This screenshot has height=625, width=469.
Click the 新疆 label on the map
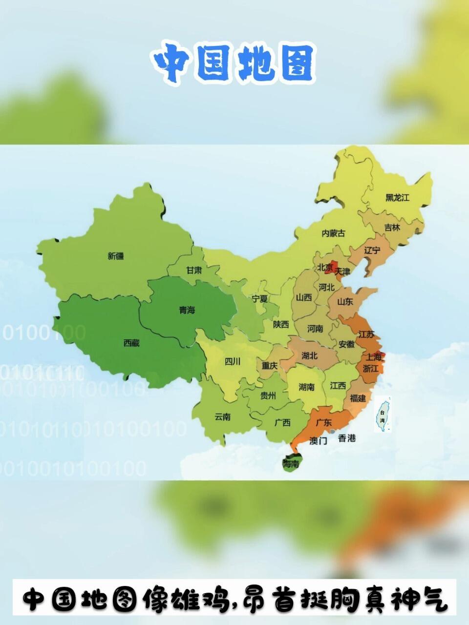pos(116,256)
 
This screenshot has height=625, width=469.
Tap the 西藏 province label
pos(131,343)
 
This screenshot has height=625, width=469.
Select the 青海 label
pos(187,310)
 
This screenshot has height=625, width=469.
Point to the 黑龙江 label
pos(397,197)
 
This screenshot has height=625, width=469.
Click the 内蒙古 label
pos(333,233)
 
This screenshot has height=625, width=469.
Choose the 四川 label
pos(233,362)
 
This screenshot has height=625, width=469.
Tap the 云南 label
pos(222,417)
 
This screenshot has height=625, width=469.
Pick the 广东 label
pos(324,422)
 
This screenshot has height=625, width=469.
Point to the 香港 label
pos(347,438)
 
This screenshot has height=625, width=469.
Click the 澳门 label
pos(318,441)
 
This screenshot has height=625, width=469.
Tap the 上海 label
pos(374,357)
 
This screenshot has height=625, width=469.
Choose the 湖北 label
pos(309,355)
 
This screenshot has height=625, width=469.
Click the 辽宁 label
pos(372,250)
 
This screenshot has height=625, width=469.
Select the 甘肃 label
pos(194,270)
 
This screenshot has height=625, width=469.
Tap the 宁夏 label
pos(259,298)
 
